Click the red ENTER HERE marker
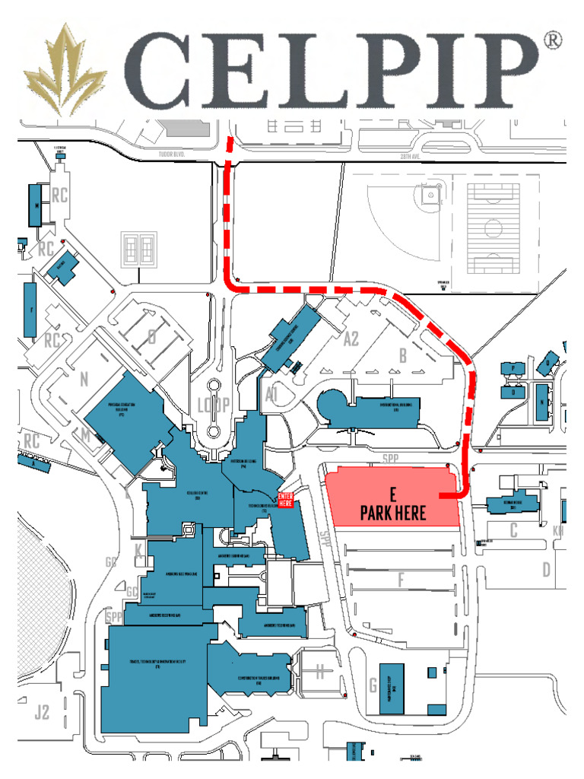(x=285, y=499)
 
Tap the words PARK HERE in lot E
(x=393, y=514)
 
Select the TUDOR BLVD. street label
(x=172, y=153)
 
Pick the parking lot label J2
(x=42, y=712)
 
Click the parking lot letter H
(x=320, y=672)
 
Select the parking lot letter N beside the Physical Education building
(x=84, y=378)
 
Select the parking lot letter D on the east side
(x=546, y=569)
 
